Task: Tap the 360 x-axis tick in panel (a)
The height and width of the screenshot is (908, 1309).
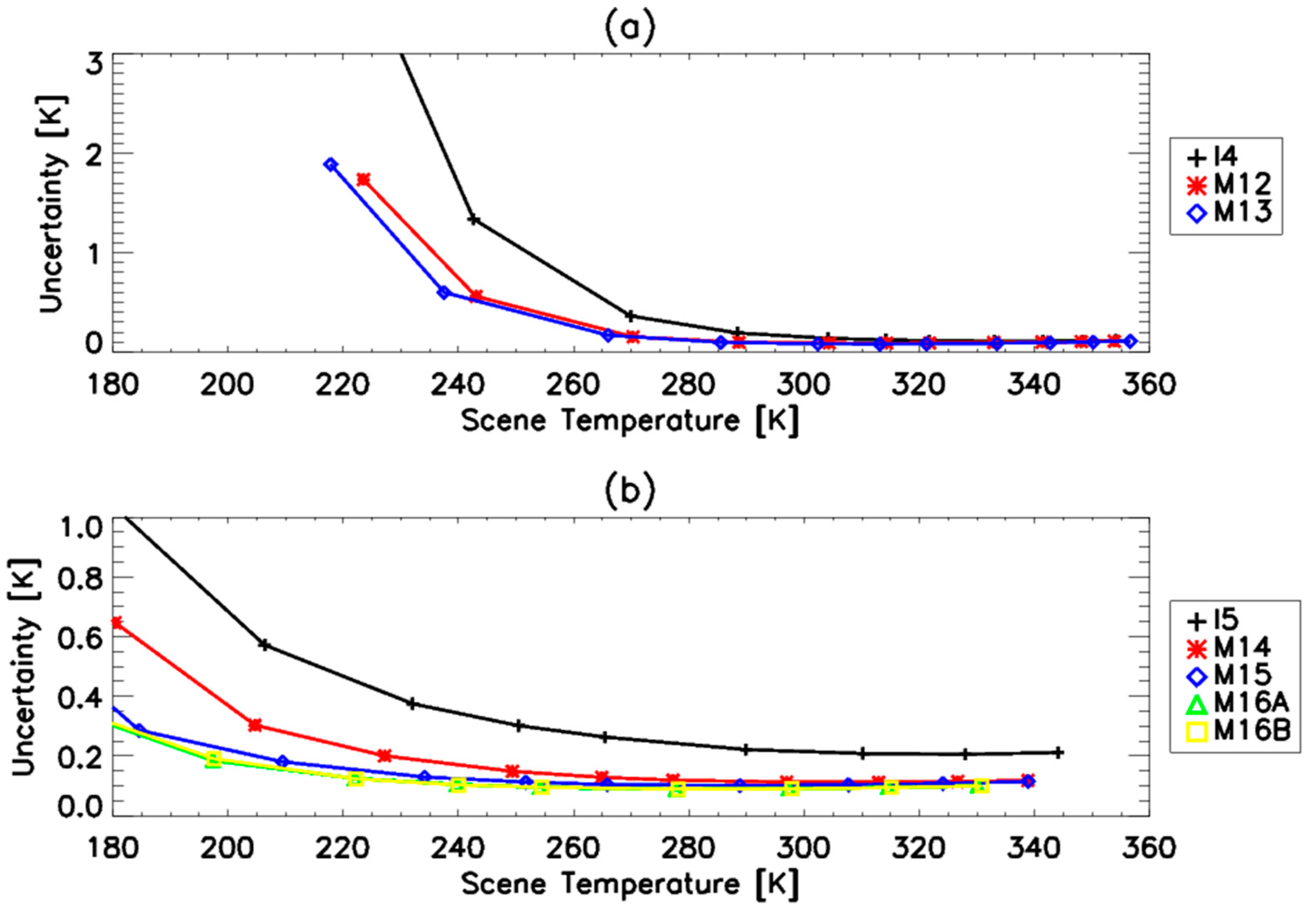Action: (1148, 385)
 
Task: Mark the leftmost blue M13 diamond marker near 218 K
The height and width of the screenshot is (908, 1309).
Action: (331, 165)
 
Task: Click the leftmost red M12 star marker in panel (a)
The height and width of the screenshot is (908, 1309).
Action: (363, 180)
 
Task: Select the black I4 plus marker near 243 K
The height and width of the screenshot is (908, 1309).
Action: (474, 220)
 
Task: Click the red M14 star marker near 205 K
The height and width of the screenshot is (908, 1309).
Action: (255, 725)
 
